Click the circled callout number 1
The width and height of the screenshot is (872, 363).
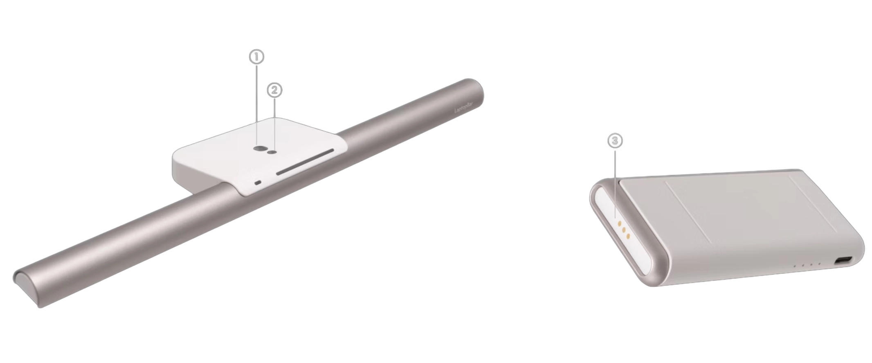coord(256,57)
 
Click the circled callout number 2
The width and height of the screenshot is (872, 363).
coord(274,90)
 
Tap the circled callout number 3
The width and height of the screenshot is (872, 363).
coord(615,141)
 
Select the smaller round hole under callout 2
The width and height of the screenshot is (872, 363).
coord(272,152)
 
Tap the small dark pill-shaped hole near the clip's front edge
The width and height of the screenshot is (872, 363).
coord(258,183)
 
